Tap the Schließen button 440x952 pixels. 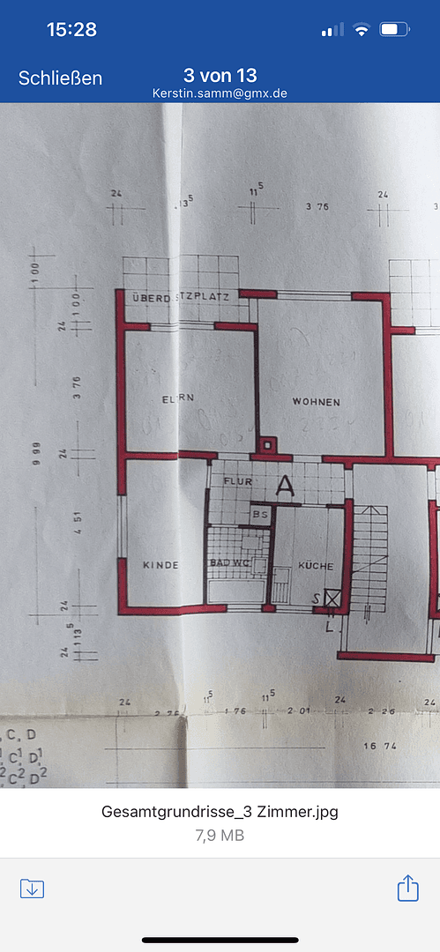pyautogui.click(x=60, y=78)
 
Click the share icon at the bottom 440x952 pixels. pyautogui.click(x=407, y=888)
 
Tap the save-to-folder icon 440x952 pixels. pyautogui.click(x=32, y=888)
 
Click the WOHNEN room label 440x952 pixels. pyautogui.click(x=317, y=402)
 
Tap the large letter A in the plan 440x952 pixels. pyautogui.click(x=285, y=486)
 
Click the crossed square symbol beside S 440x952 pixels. pyautogui.click(x=332, y=599)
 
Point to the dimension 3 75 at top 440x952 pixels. pyautogui.click(x=317, y=207)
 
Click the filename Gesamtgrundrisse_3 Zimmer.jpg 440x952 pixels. pyautogui.click(x=220, y=812)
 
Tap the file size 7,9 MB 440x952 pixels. pyautogui.click(x=220, y=835)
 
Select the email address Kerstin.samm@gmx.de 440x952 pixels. pyautogui.click(x=220, y=93)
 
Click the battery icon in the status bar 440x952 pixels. pyautogui.click(x=393, y=30)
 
